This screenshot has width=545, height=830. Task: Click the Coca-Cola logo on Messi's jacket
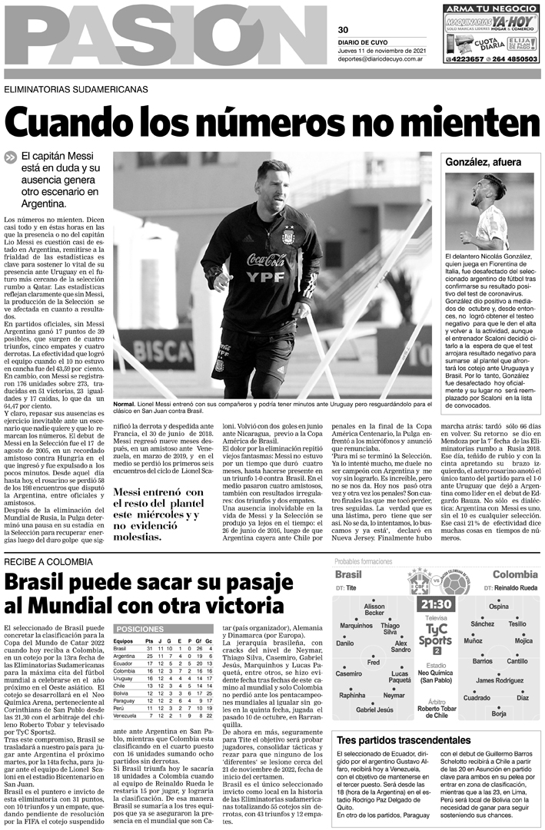click(266, 260)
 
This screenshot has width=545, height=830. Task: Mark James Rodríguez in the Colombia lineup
click(500, 680)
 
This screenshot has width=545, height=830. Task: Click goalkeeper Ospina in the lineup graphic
click(499, 607)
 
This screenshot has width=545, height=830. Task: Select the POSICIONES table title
click(140, 628)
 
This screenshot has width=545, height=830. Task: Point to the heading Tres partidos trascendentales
click(404, 739)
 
